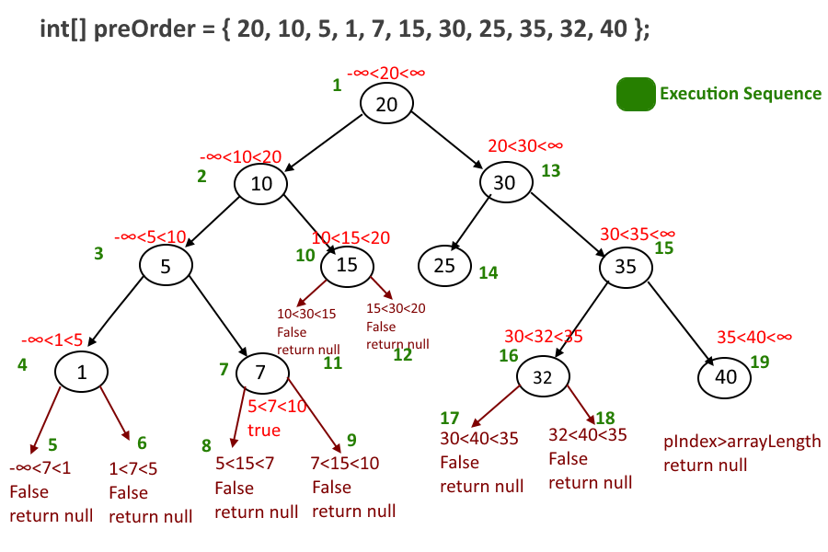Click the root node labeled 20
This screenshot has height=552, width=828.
(x=386, y=103)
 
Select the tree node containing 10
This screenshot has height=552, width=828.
(x=261, y=183)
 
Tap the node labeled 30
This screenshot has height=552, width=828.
(x=505, y=182)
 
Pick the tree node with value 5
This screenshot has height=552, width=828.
(x=166, y=266)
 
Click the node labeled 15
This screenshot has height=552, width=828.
(x=347, y=266)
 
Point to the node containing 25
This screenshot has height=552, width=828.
(x=443, y=266)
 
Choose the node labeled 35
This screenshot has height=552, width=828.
(x=626, y=268)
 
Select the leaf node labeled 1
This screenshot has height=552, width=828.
(x=81, y=372)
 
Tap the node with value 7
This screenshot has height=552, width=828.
(x=261, y=372)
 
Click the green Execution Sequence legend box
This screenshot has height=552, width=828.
(x=634, y=94)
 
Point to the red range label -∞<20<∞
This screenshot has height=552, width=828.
(x=386, y=73)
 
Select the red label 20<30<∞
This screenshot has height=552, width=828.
(x=524, y=145)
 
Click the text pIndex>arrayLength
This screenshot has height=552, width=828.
(x=742, y=441)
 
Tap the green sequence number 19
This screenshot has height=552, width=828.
(x=760, y=362)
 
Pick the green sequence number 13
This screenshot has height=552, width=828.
(x=550, y=170)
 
